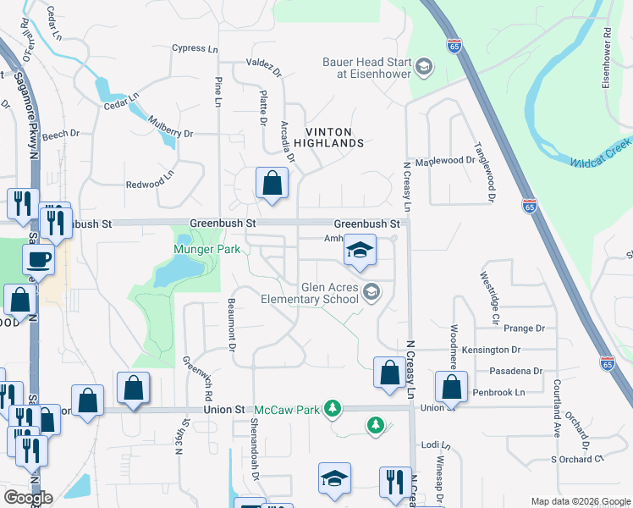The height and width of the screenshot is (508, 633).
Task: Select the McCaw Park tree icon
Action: pos(334,410)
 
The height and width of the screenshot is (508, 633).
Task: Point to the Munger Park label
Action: pos(208,250)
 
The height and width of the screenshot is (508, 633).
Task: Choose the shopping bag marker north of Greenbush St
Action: pos(272,183)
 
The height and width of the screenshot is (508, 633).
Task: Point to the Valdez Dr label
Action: pos(261,63)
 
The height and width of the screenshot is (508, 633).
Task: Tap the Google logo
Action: pos(29,498)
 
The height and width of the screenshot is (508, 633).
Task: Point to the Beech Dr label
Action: pos(60,134)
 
